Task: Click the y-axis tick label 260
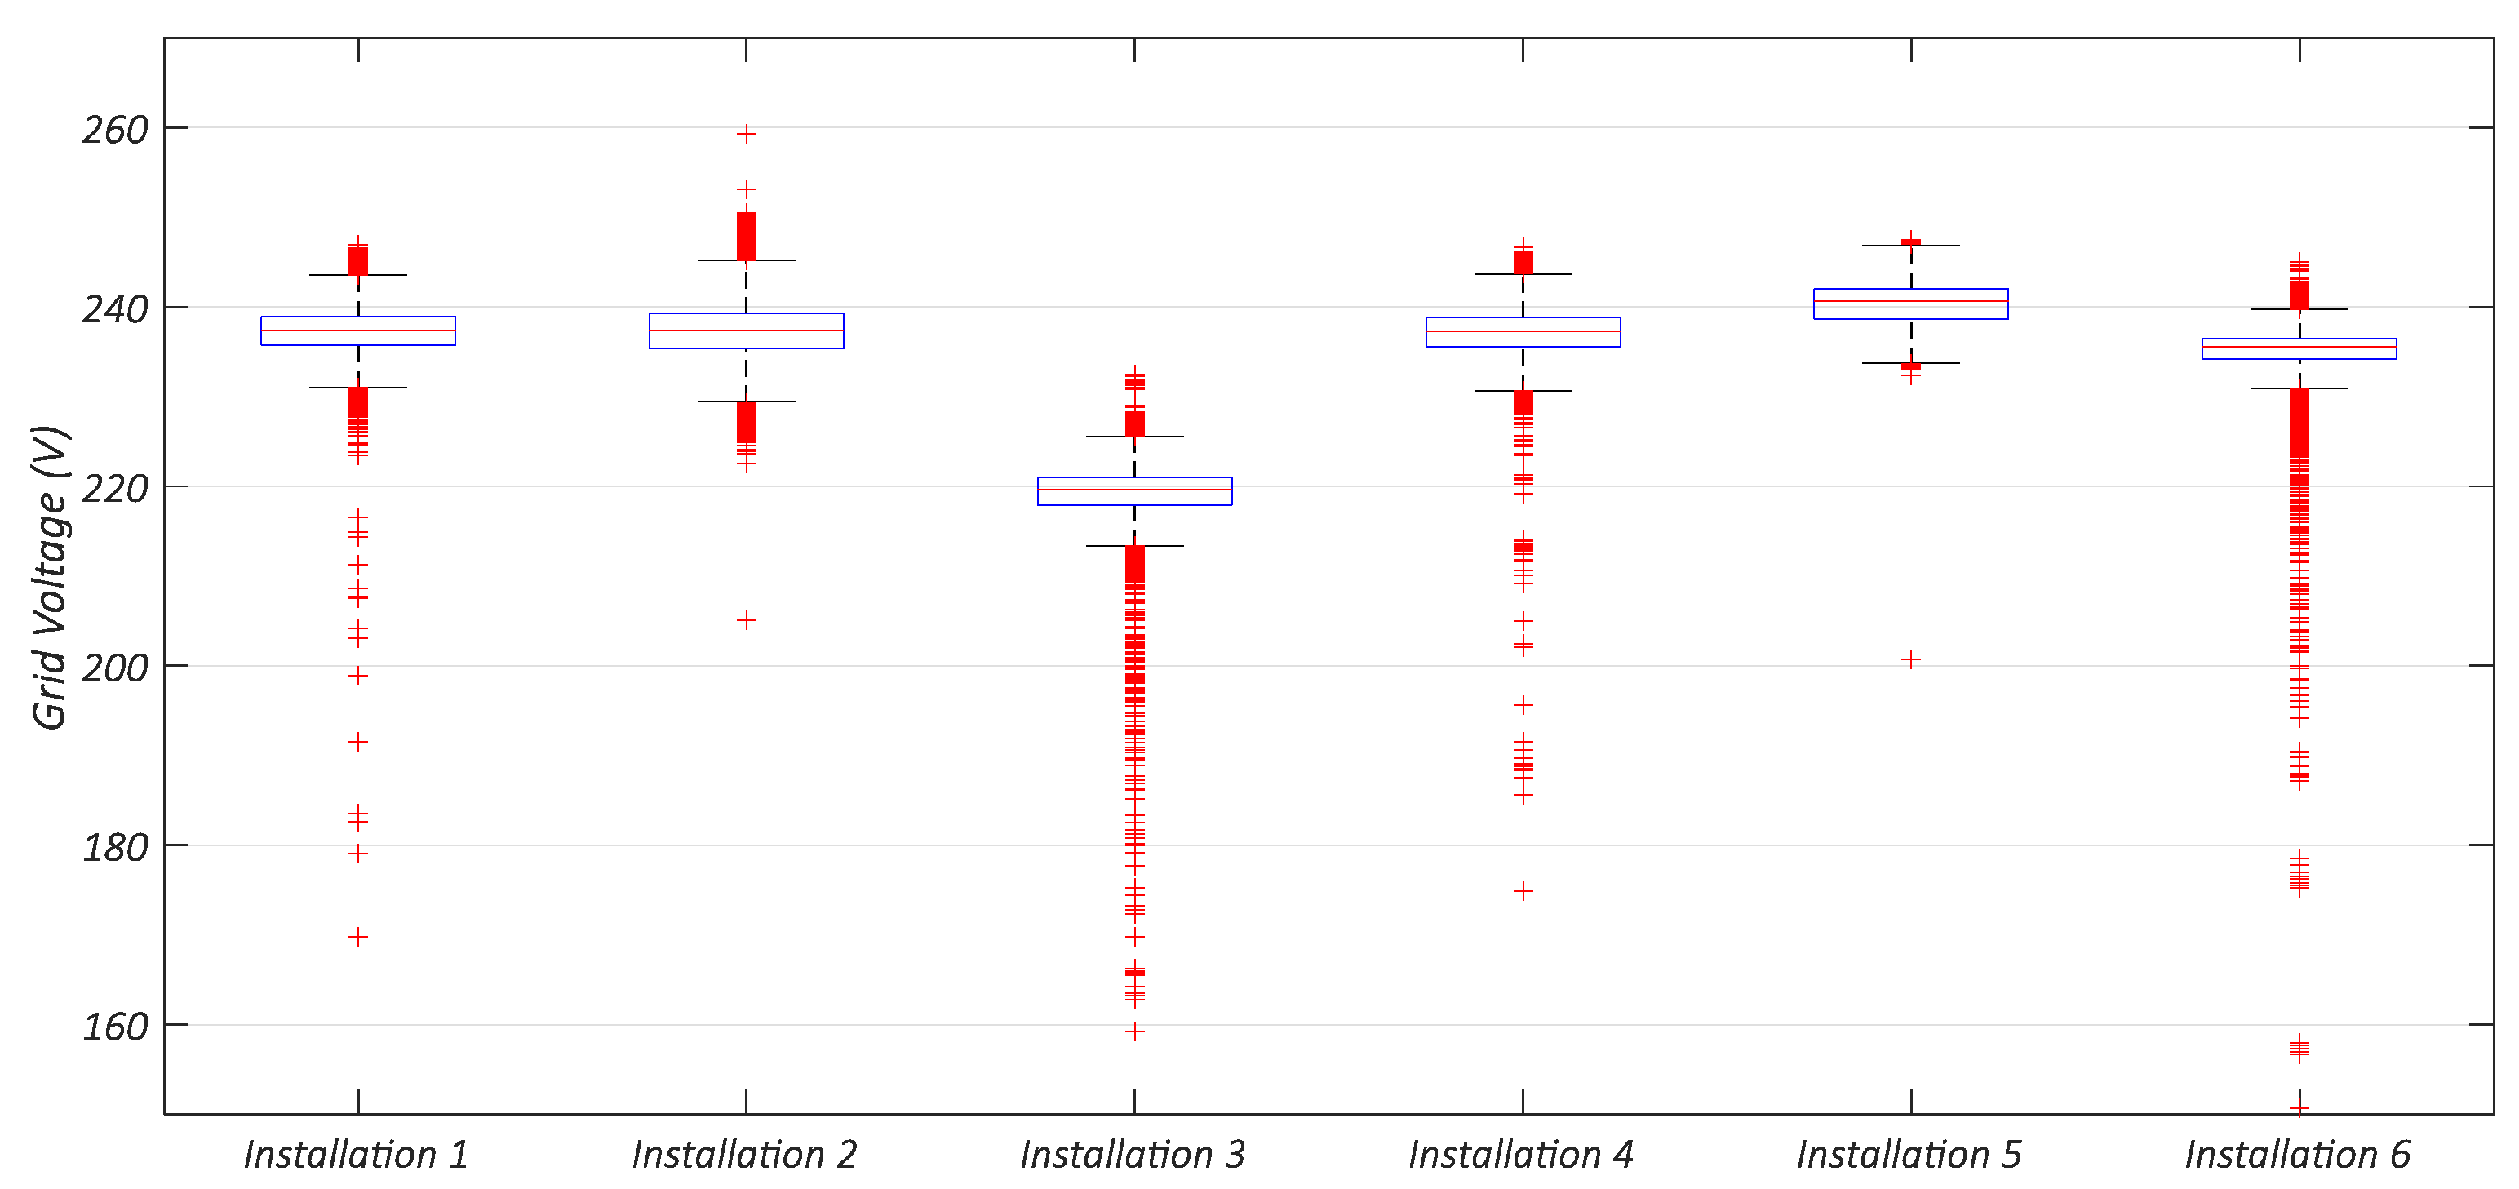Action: point(114,130)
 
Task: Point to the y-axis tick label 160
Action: point(114,1027)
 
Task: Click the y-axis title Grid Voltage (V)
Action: point(49,577)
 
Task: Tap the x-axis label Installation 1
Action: point(357,1155)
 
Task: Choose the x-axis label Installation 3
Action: point(1133,1155)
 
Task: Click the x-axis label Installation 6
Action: point(2298,1155)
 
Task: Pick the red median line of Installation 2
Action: point(746,331)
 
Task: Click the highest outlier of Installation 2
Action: point(746,134)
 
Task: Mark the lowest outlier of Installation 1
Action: point(358,937)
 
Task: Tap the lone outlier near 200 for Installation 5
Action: point(1911,660)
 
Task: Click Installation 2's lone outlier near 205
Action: point(746,620)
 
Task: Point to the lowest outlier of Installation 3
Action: point(1134,1032)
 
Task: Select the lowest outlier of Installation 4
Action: point(1523,891)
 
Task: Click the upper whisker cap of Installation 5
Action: point(1911,246)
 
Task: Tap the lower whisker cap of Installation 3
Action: point(1134,546)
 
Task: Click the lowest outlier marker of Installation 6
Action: point(2299,1108)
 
